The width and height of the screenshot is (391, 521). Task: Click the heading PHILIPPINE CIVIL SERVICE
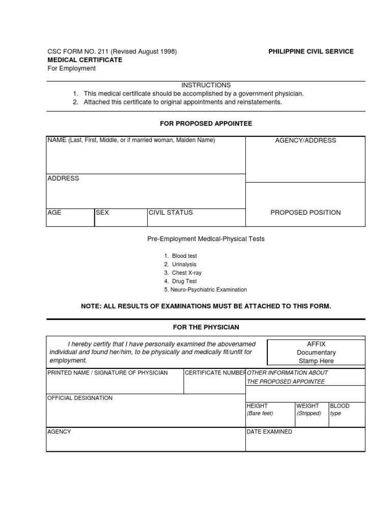pyautogui.click(x=311, y=51)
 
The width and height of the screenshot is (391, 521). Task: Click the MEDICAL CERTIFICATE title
pyautogui.click(x=85, y=60)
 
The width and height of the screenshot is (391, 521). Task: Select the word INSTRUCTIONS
pyautogui.click(x=206, y=85)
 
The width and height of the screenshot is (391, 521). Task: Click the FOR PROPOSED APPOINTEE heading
pyautogui.click(x=206, y=124)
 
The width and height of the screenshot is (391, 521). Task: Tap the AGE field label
pyautogui.click(x=54, y=213)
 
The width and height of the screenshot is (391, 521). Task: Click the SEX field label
pyautogui.click(x=102, y=213)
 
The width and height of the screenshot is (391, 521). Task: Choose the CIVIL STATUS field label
pyautogui.click(x=171, y=213)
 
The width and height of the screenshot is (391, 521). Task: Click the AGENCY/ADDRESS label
pyautogui.click(x=305, y=140)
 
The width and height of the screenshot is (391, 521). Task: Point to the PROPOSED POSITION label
pyautogui.click(x=305, y=213)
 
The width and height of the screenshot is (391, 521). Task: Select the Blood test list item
pyautogui.click(x=184, y=256)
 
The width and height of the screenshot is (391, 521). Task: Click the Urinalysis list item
pyautogui.click(x=184, y=265)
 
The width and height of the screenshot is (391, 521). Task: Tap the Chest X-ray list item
pyautogui.click(x=187, y=273)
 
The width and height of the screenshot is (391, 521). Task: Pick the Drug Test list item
pyautogui.click(x=184, y=281)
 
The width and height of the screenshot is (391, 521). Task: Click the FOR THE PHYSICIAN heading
pyautogui.click(x=206, y=327)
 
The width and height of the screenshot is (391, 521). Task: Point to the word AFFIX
pyautogui.click(x=316, y=344)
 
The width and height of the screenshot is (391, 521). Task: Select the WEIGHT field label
pyautogui.click(x=308, y=406)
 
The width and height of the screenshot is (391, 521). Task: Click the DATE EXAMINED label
pyautogui.click(x=269, y=432)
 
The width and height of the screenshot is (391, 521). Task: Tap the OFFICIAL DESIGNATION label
pyautogui.click(x=80, y=398)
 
